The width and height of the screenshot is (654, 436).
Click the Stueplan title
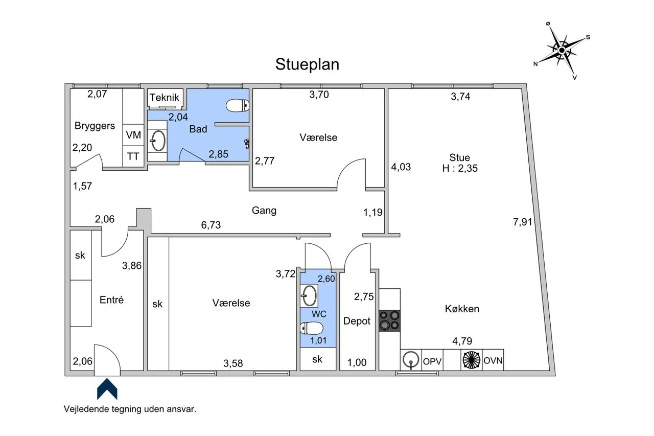click(x=307, y=64)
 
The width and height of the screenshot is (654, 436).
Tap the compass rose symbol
click(x=562, y=50)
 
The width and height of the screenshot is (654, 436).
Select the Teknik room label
click(x=164, y=97)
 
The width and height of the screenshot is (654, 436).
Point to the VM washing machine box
click(x=133, y=135)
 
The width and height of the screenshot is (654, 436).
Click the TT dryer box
click(x=133, y=156)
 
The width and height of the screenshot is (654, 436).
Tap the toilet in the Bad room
click(x=238, y=105)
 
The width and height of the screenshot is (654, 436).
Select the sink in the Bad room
click(x=157, y=141)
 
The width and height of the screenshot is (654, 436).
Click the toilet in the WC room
click(x=312, y=328)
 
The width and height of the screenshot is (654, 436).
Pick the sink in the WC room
click(x=309, y=295)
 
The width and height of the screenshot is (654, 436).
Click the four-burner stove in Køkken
click(x=389, y=320)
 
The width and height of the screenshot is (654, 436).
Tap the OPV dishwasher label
click(x=432, y=361)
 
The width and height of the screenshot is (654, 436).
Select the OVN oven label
click(x=493, y=361)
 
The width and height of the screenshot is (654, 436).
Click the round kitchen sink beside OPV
click(x=411, y=360)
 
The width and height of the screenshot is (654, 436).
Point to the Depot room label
click(x=357, y=321)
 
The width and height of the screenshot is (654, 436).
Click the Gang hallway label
click(x=264, y=211)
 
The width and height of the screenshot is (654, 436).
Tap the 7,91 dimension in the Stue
click(x=523, y=222)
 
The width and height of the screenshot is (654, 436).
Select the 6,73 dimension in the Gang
click(x=211, y=225)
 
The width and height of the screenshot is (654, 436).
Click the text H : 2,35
click(x=460, y=168)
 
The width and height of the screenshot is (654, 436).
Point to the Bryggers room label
click(x=95, y=126)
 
